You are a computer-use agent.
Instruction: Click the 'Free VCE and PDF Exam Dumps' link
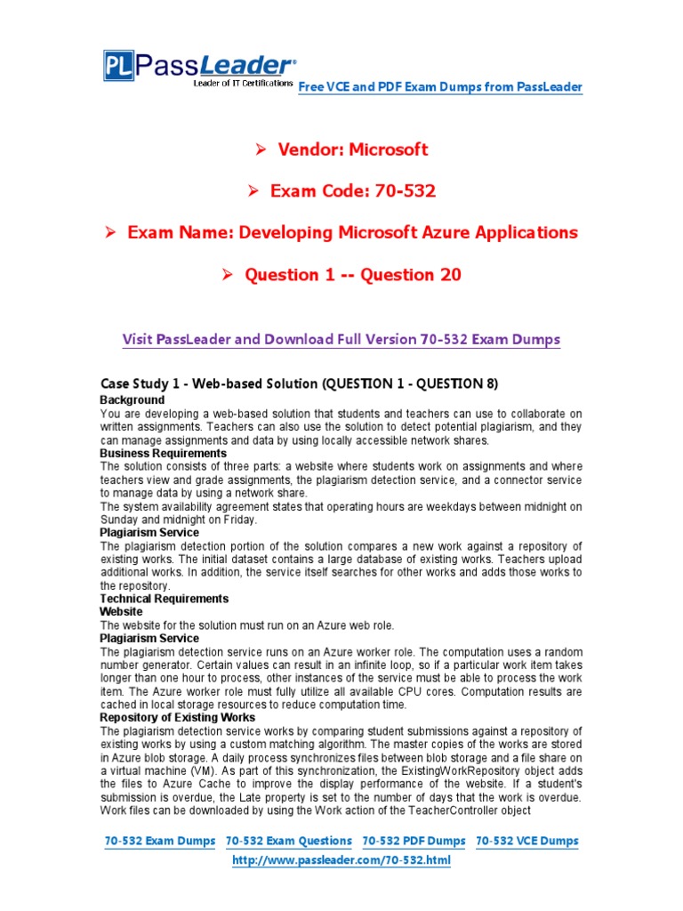click(440, 86)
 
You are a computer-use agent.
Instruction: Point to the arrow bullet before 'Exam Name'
click(111, 233)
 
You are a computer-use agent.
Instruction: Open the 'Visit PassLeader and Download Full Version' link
click(341, 340)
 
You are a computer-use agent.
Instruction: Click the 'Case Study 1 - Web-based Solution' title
click(300, 383)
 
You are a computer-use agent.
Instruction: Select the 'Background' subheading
click(133, 400)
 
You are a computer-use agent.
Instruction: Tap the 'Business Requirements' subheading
click(164, 453)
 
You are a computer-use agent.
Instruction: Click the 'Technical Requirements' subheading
click(165, 599)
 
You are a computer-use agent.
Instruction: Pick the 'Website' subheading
click(121, 612)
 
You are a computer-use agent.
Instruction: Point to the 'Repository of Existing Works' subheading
click(178, 717)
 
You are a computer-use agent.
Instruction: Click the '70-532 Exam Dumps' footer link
click(160, 841)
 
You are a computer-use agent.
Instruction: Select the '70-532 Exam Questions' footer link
click(289, 841)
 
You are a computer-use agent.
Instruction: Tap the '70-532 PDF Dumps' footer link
click(414, 841)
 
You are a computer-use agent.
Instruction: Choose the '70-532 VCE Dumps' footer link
click(527, 841)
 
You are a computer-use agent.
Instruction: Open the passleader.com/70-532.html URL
click(341, 860)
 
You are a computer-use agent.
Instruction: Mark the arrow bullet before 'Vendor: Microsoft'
click(261, 149)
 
